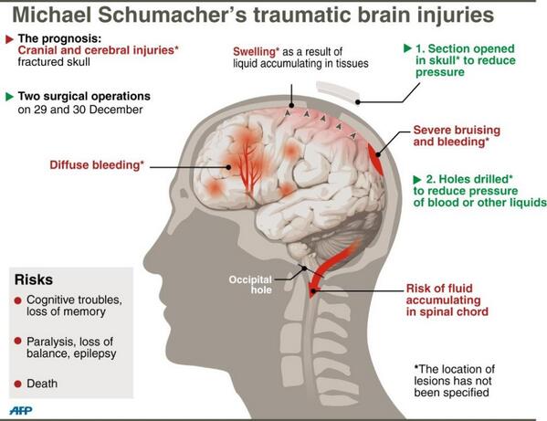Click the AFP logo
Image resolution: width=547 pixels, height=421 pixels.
[21, 410]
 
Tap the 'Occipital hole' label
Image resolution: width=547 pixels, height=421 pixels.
[250, 285]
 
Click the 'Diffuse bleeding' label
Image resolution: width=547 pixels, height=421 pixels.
[97, 164]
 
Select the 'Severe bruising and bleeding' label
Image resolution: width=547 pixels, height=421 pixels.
[457, 136]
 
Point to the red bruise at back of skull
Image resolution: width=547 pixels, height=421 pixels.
[375, 159]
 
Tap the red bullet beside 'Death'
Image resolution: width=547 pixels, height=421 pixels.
[17, 384]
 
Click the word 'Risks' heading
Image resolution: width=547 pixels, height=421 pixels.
[34, 279]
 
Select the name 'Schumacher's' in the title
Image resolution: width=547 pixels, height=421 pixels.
[173, 15]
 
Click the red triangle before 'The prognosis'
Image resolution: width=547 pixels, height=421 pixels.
[10, 39]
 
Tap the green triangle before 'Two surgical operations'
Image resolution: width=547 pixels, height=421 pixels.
[10, 97]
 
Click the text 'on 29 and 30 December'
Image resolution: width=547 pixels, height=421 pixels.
[80, 110]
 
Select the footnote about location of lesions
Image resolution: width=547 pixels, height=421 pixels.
[454, 381]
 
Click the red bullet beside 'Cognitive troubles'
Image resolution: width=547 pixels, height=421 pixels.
[17, 300]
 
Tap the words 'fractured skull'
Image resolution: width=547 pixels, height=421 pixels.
[54, 62]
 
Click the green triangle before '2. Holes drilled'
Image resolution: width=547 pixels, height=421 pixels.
[417, 180]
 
